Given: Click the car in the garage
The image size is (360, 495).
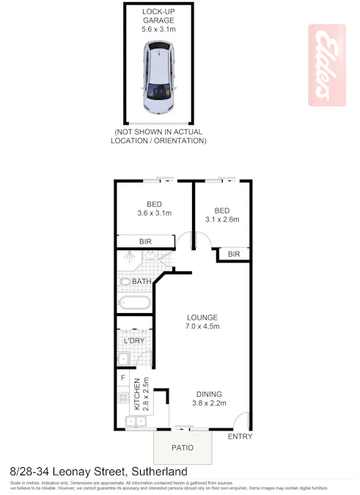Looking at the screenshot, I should pyautogui.click(x=159, y=77).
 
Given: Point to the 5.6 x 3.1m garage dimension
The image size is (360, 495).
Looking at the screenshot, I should pyautogui.click(x=159, y=30).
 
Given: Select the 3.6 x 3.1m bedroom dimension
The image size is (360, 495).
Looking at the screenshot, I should pyautogui.click(x=154, y=213).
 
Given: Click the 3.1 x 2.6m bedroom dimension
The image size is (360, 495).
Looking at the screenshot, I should pyautogui.click(x=222, y=219).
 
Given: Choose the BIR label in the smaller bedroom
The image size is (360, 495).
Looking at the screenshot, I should pyautogui.click(x=234, y=254).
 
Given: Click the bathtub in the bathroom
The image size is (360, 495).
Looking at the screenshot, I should pyautogui.click(x=134, y=302).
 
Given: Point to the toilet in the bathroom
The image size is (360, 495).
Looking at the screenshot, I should pyautogui.click(x=125, y=281).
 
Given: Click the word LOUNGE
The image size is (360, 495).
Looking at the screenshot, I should pyautogui.click(x=201, y=317).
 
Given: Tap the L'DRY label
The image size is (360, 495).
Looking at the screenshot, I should pyautogui.click(x=133, y=341).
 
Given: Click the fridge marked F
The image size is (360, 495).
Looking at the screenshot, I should pyautogui.click(x=122, y=378).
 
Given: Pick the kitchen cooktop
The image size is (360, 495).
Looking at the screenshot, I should pyautogui.click(x=122, y=399).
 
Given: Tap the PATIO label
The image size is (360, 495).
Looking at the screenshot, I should pyautogui.click(x=183, y=445).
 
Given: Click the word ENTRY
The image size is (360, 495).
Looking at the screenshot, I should pyautogui.click(x=240, y=437).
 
